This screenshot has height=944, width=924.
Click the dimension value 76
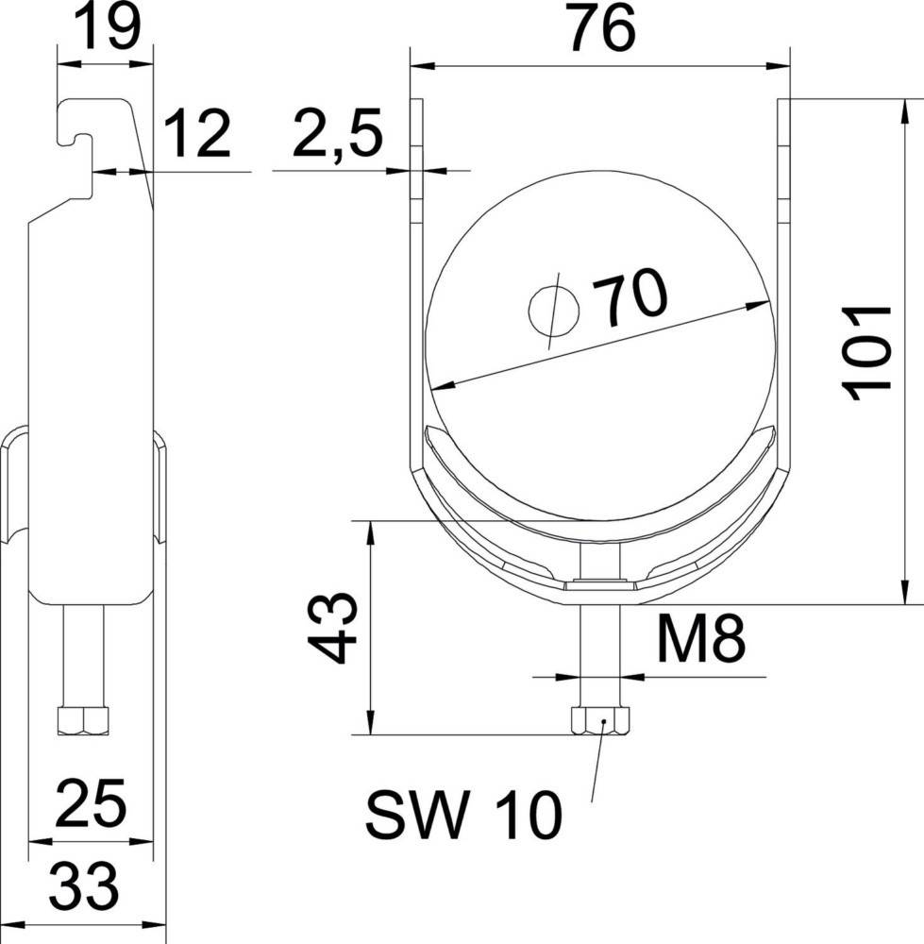coord(601,30)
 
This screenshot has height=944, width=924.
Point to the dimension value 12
coord(197,135)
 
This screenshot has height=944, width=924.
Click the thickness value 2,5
coord(336,135)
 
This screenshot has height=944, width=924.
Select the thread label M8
coord(700,643)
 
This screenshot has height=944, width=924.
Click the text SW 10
coord(462,816)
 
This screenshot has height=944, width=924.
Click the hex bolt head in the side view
coord(84,721)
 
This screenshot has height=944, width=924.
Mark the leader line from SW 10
coord(596,769)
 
